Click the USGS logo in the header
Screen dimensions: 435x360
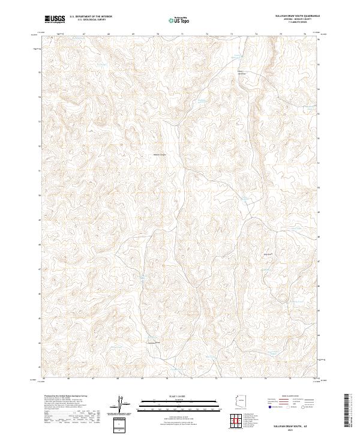55,19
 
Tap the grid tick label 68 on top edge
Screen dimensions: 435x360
109,34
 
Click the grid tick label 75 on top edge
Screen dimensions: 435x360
281,34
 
